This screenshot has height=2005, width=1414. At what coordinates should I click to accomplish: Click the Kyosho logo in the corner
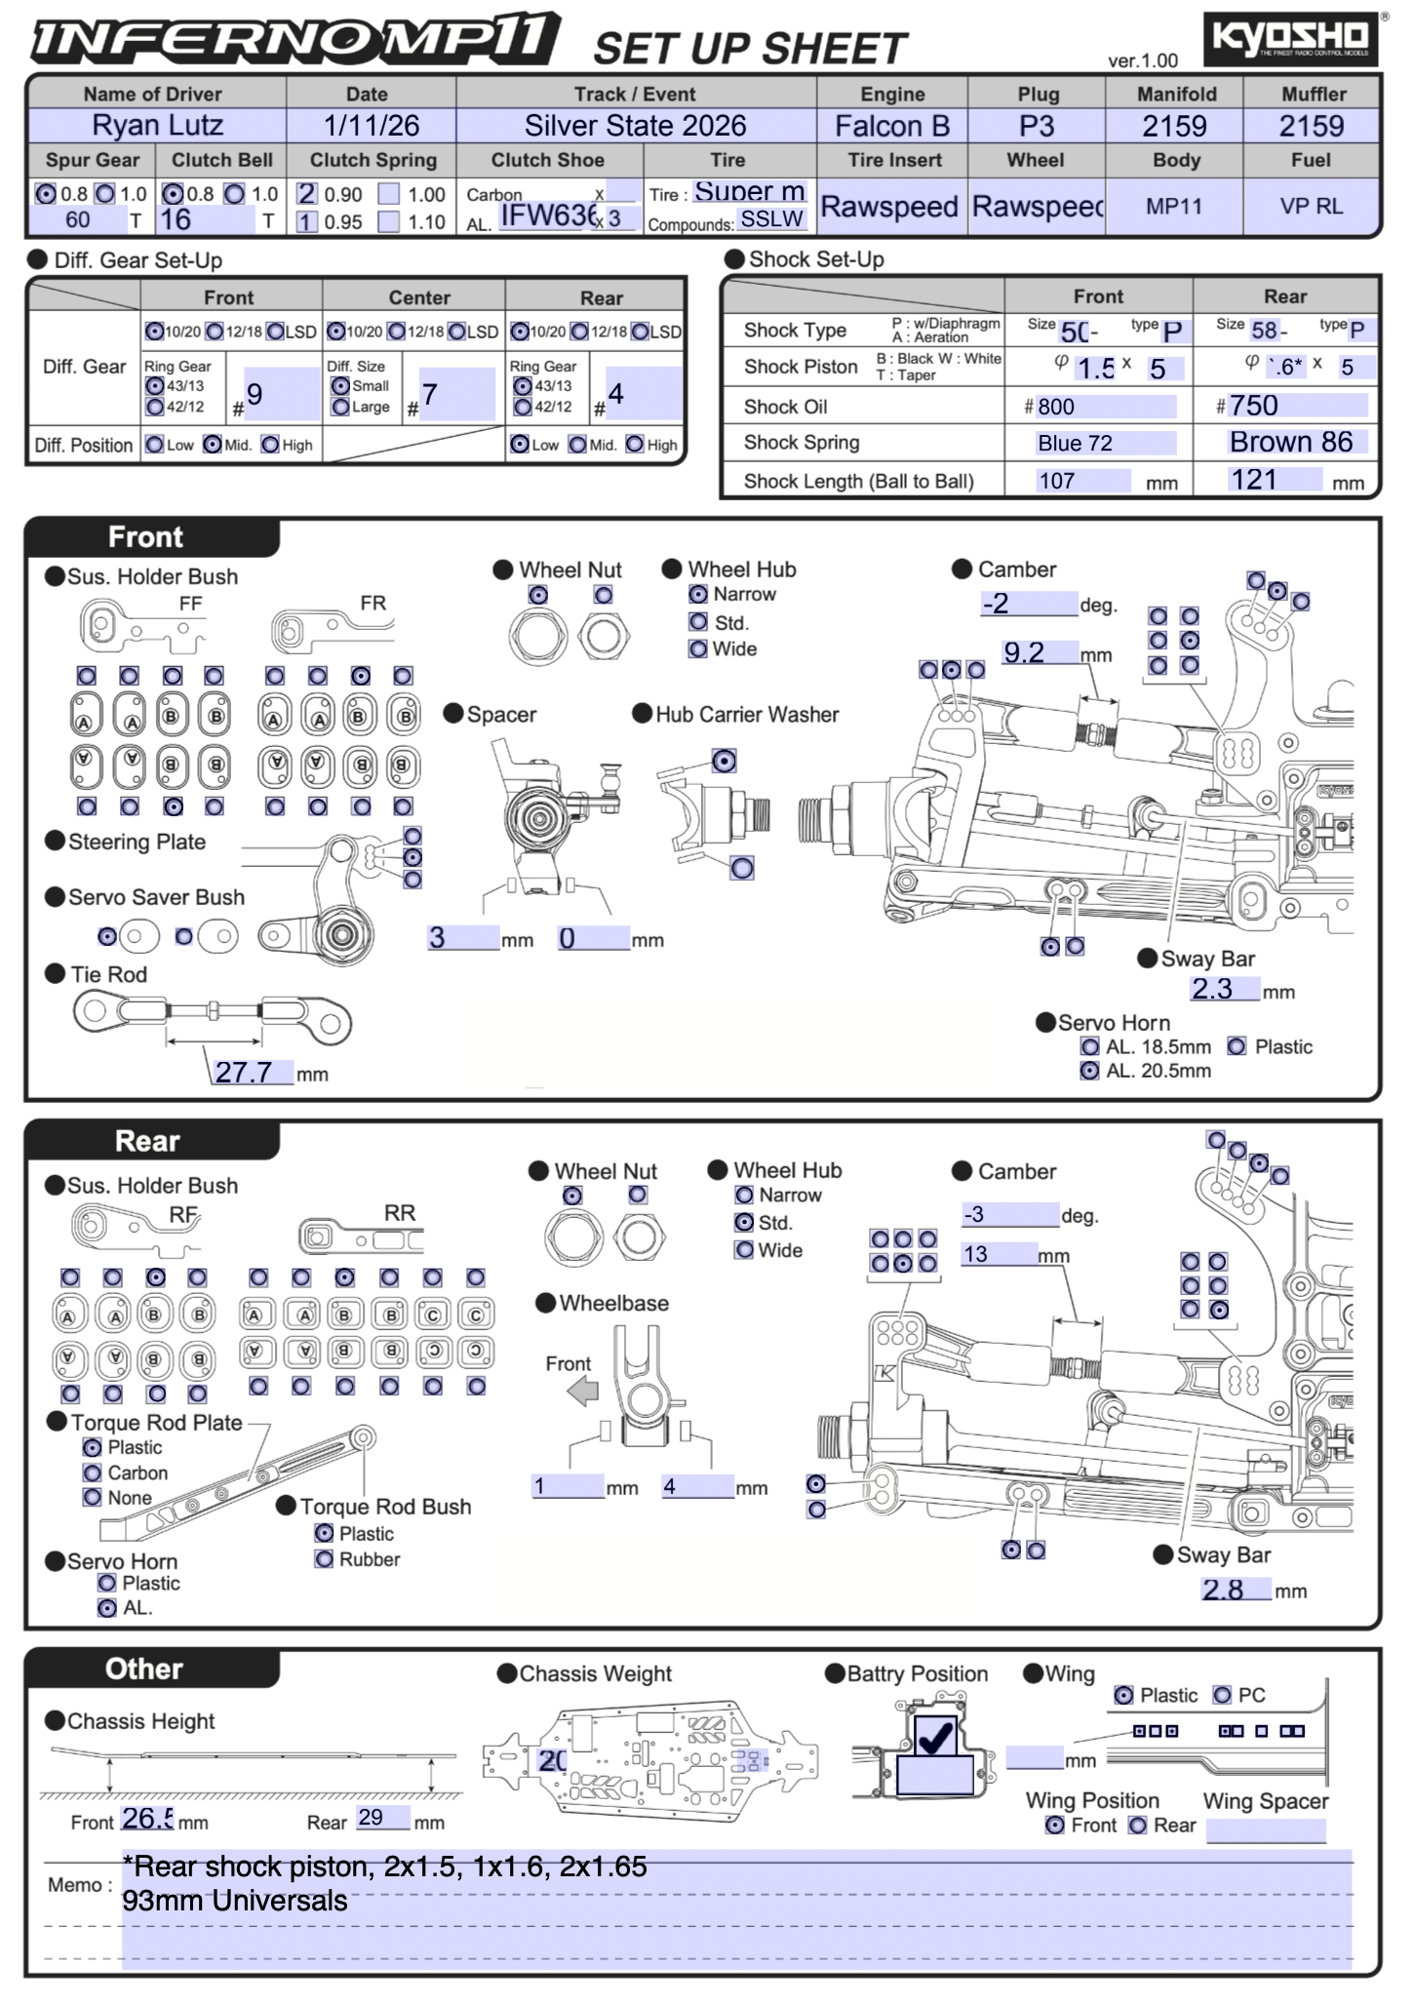pyautogui.click(x=1290, y=39)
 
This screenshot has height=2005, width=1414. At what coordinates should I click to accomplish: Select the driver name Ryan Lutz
pyautogui.click(x=157, y=126)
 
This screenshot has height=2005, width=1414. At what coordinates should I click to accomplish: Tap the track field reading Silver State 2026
pyautogui.click(x=635, y=126)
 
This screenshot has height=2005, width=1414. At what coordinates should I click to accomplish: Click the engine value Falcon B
pyautogui.click(x=891, y=126)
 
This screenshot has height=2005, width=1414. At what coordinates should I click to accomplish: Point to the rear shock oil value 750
pyautogui.click(x=1254, y=406)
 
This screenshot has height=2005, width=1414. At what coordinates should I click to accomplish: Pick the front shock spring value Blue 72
pyautogui.click(x=1076, y=444)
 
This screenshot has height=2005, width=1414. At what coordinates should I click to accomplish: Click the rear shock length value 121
pyautogui.click(x=1254, y=480)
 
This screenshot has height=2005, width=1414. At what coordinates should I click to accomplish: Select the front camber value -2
pyautogui.click(x=996, y=604)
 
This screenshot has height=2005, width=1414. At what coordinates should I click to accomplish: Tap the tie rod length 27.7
pyautogui.click(x=244, y=1072)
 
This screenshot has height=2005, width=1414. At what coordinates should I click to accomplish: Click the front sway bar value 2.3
pyautogui.click(x=1212, y=989)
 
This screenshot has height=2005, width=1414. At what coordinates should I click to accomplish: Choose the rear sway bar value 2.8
pyautogui.click(x=1223, y=1590)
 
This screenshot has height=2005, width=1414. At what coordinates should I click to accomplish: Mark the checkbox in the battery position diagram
pyautogui.click(x=935, y=1736)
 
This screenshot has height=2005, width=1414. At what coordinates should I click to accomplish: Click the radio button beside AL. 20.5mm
pyautogui.click(x=1090, y=1071)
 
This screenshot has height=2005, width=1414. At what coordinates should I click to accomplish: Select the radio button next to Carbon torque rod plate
pyautogui.click(x=93, y=1473)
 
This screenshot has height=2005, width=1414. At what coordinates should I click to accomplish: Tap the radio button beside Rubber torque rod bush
pyautogui.click(x=324, y=1559)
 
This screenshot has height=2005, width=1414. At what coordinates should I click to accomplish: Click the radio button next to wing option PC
pyautogui.click(x=1222, y=1695)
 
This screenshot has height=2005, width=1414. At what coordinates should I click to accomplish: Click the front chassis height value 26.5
pyautogui.click(x=147, y=1819)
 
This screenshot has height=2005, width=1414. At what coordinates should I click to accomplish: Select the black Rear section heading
pyautogui.click(x=148, y=1141)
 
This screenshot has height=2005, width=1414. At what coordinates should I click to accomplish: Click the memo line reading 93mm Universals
pyautogui.click(x=234, y=1901)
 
